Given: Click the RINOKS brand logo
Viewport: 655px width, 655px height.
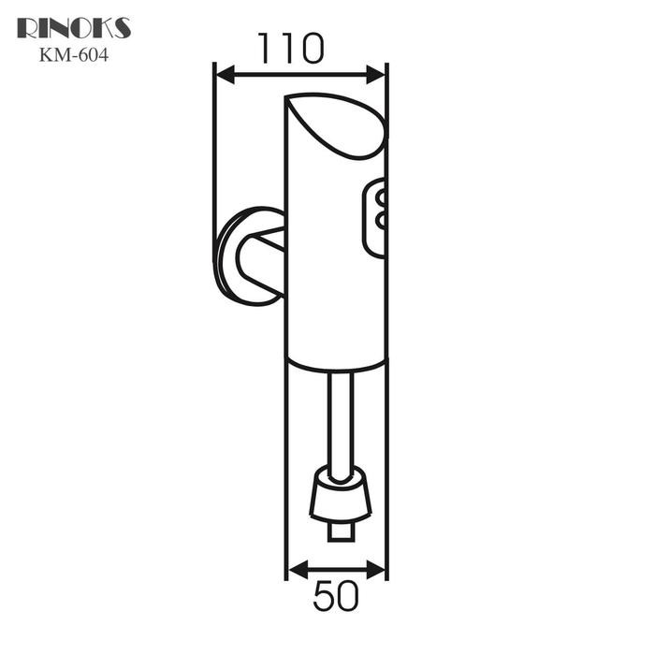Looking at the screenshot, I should [x=74, y=28].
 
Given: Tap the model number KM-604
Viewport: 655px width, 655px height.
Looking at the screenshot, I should [x=74, y=54].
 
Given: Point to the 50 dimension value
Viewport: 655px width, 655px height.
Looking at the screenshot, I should [x=336, y=597].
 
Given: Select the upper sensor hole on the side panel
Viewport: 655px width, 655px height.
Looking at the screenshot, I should [x=381, y=197].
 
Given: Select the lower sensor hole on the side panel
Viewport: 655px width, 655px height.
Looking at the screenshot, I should [x=381, y=221].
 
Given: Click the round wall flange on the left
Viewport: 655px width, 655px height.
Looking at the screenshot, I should [x=229, y=255].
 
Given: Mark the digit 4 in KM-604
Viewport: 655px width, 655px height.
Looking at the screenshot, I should [x=103, y=54].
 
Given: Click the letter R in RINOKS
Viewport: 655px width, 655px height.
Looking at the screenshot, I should [x=26, y=28].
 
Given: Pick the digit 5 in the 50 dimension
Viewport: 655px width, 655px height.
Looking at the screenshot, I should [x=324, y=597].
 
